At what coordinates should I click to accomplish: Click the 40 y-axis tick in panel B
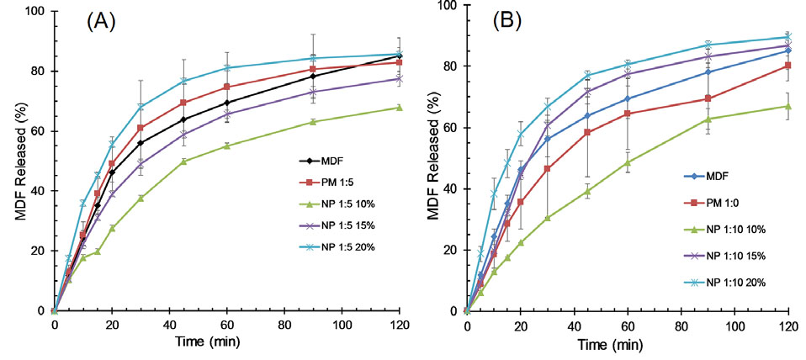click(450, 188)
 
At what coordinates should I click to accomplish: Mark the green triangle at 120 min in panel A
click(398, 108)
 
